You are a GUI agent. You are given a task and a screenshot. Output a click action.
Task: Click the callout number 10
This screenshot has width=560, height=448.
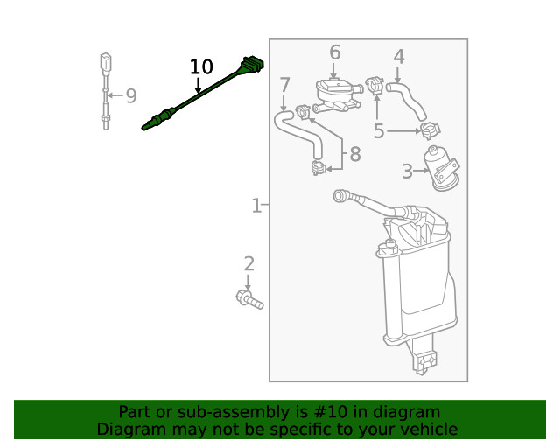click(x=201, y=66)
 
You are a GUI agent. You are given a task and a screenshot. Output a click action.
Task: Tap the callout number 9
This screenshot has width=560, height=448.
click(x=131, y=96)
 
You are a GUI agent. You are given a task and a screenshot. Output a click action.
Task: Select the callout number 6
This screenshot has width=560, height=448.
click(x=334, y=52)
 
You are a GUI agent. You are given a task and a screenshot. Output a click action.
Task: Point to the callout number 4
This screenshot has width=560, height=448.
click(x=399, y=58)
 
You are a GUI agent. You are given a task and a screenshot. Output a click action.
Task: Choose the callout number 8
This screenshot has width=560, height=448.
click(x=354, y=155)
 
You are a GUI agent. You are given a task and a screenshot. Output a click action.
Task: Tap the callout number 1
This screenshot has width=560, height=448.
click(x=255, y=206)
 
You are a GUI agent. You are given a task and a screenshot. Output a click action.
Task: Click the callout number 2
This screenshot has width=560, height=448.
click(x=248, y=263)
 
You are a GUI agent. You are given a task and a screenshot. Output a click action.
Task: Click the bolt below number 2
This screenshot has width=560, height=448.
click(x=249, y=300)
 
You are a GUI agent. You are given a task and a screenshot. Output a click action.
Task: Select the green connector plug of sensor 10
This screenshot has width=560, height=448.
click(x=251, y=66)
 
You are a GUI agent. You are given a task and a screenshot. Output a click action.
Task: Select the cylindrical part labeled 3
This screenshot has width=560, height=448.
click(x=439, y=166)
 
